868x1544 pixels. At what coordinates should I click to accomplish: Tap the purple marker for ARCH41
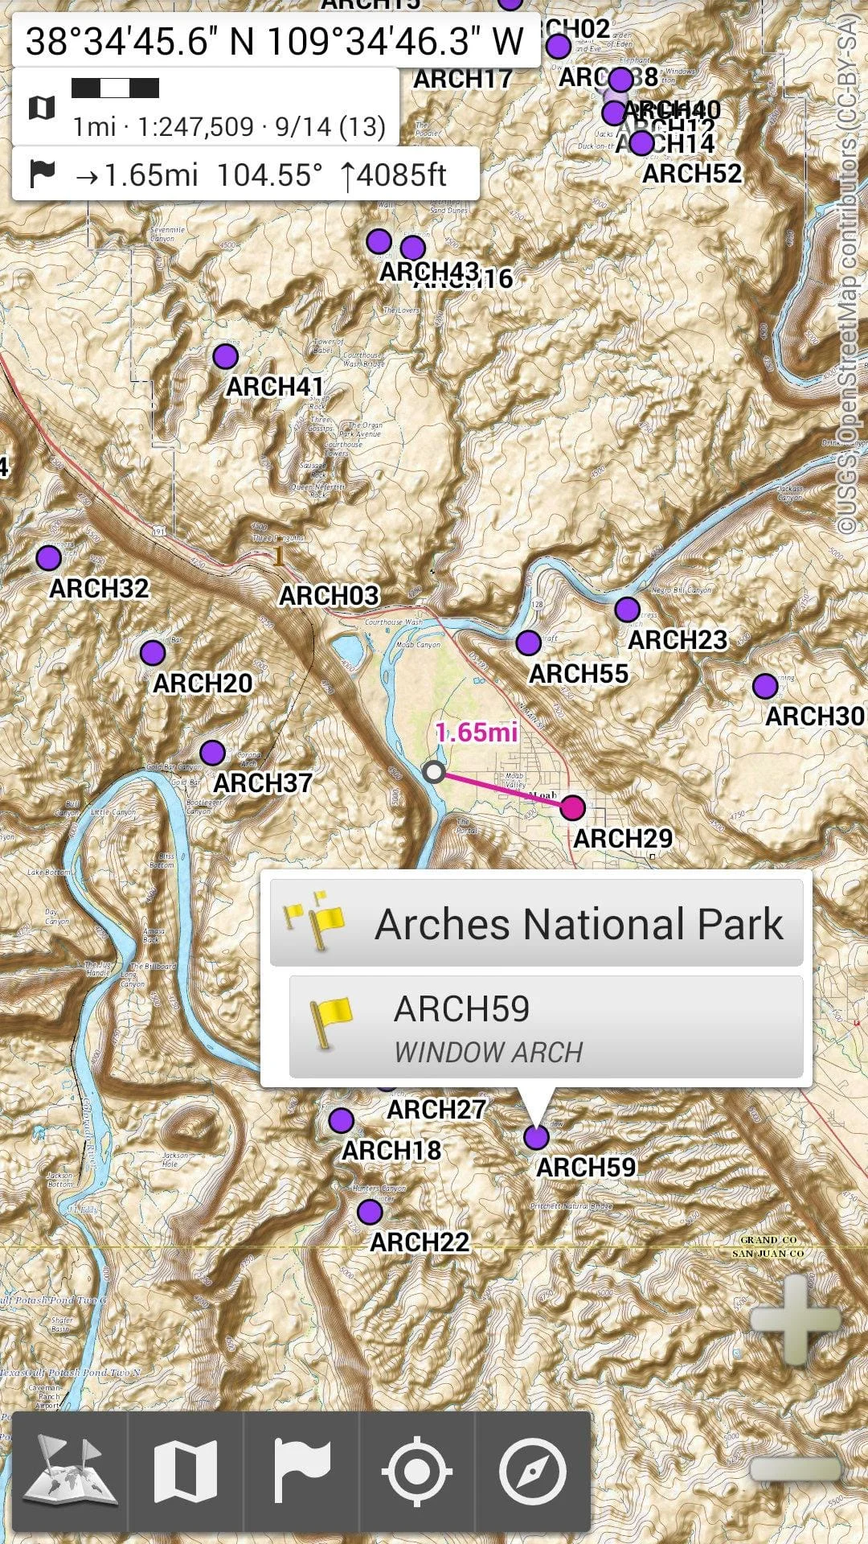point(226,355)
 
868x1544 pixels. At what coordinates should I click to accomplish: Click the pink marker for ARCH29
point(572,807)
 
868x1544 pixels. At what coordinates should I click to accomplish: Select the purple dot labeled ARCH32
point(49,557)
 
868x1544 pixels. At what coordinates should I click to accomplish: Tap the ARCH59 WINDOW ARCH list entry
point(546,1028)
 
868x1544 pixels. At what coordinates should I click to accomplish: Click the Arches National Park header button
point(536,923)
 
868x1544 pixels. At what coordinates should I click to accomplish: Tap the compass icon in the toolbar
point(532,1471)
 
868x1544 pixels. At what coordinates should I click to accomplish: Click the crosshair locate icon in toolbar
point(416,1471)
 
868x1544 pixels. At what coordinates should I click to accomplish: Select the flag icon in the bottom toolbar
point(301,1471)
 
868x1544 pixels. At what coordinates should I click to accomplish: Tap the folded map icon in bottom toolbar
point(186,1471)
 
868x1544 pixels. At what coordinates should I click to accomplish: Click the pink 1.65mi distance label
point(477,732)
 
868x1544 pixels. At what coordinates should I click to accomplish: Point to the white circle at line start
point(434,772)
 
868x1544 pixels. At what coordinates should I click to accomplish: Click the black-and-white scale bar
point(115,88)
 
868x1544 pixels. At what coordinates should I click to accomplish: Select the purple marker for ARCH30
point(765,686)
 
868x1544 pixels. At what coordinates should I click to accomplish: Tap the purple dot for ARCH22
point(370,1211)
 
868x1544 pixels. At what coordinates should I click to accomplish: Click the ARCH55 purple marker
point(528,643)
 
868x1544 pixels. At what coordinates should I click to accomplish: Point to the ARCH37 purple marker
point(212,753)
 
